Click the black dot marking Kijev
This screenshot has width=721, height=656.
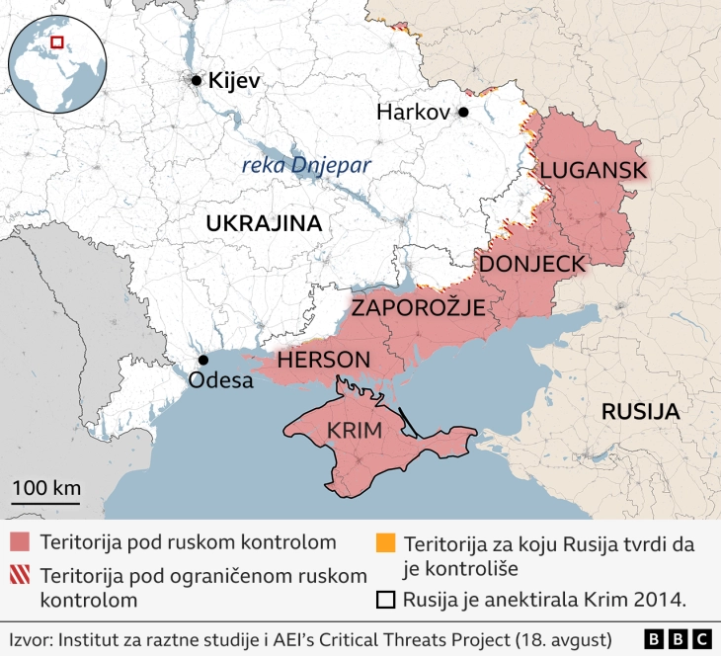point(197,80)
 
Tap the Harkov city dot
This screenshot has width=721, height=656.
point(462,113)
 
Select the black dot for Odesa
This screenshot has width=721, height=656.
point(202,361)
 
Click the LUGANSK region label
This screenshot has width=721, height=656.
point(593,170)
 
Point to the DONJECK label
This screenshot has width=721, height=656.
point(531,264)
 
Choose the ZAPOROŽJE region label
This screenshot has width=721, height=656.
point(419,307)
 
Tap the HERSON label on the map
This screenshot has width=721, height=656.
point(323,361)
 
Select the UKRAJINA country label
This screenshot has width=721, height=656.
point(264,223)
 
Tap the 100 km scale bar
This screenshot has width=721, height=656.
point(46,502)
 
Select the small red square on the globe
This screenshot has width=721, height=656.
point(58,42)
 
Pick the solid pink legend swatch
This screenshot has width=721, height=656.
point(22,542)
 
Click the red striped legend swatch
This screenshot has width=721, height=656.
point(22,574)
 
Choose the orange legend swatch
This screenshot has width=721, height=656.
point(386,543)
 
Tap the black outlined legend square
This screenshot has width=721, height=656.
point(386,600)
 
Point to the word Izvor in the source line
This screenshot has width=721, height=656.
point(32,638)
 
